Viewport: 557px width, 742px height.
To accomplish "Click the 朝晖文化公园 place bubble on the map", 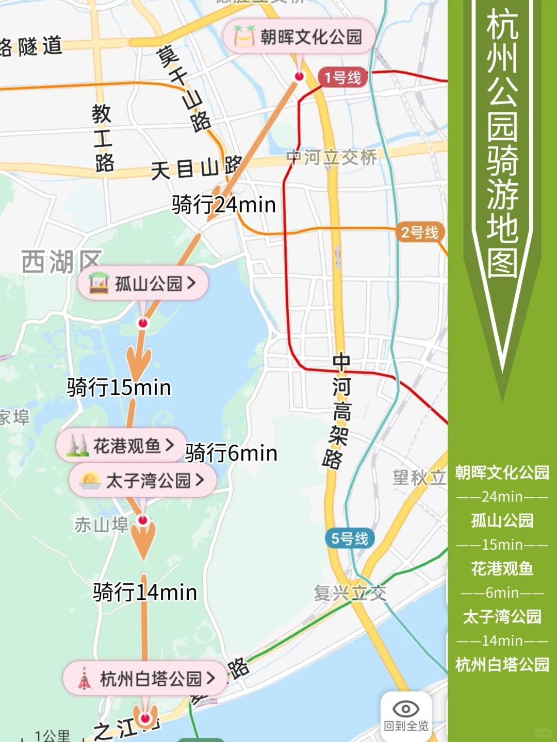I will pyautogui.click(x=299, y=37).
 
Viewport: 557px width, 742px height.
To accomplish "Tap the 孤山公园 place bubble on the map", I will pyautogui.click(x=143, y=283).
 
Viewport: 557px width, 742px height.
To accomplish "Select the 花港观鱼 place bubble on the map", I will pyautogui.click(x=122, y=445).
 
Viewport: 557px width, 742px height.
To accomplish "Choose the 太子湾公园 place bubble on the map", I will pyautogui.click(x=142, y=480).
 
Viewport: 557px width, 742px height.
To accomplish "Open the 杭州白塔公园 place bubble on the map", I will pyautogui.click(x=145, y=679).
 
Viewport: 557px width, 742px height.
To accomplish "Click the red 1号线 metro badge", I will pyautogui.click(x=342, y=78).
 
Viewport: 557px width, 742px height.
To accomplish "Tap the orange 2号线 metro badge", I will pyautogui.click(x=420, y=232).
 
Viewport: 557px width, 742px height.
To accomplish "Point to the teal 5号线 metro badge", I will pyautogui.click(x=350, y=538).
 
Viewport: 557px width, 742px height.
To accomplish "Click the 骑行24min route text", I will pyautogui.click(x=224, y=205).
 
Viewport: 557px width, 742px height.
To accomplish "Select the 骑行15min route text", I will pyautogui.click(x=119, y=387).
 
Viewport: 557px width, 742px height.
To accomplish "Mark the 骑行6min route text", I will pyautogui.click(x=231, y=453).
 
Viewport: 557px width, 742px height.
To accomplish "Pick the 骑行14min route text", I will pyautogui.click(x=145, y=592).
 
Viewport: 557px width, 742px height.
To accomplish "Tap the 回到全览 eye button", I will pyautogui.click(x=406, y=716).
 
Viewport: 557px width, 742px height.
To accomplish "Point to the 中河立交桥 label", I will pyautogui.click(x=332, y=157).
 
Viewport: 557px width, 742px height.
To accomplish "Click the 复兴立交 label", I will pyautogui.click(x=350, y=593).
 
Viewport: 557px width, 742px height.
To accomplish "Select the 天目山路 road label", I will pyautogui.click(x=196, y=168).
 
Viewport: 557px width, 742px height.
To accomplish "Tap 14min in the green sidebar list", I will pyautogui.click(x=502, y=640).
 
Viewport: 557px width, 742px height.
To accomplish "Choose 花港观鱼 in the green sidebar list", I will pyautogui.click(x=502, y=568).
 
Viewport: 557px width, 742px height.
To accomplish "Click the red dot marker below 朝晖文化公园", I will pyautogui.click(x=299, y=76).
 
